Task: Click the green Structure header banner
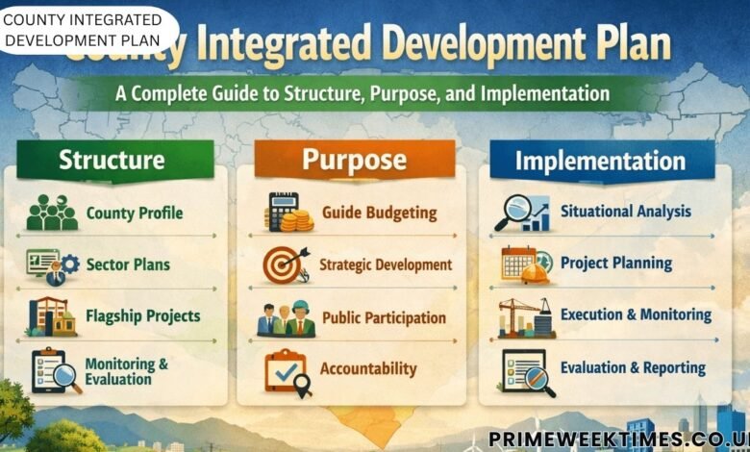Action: (112, 159)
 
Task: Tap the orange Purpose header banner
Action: (354, 159)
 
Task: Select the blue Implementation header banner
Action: (600, 161)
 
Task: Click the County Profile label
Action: (135, 213)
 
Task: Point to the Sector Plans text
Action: (128, 264)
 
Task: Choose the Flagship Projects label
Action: (143, 315)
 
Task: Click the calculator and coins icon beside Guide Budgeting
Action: (287, 213)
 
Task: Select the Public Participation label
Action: (384, 317)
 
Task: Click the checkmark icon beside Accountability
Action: (287, 370)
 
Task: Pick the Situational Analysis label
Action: (625, 212)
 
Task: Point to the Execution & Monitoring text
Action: (636, 314)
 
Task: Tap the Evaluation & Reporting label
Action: (633, 367)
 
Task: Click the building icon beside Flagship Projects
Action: (52, 316)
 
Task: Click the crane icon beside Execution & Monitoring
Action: (524, 316)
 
